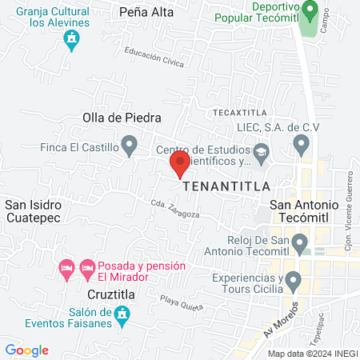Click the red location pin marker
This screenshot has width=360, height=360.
click(x=179, y=164)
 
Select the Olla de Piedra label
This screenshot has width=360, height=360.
click(x=117, y=118)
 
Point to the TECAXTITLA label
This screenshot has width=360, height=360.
click(x=238, y=112)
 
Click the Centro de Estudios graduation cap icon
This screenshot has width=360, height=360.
click(x=262, y=150)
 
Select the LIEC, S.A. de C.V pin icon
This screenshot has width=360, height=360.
click(x=302, y=145)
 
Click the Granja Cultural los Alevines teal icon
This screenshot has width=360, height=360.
click(x=74, y=40)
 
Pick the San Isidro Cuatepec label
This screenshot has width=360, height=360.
click(x=34, y=210)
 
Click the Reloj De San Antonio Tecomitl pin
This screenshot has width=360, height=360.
click(x=300, y=242)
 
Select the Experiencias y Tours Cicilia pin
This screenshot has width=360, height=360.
click(x=294, y=280)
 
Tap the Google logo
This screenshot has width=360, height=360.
click(x=27, y=350)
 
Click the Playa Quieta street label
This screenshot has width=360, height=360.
click(x=180, y=302)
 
